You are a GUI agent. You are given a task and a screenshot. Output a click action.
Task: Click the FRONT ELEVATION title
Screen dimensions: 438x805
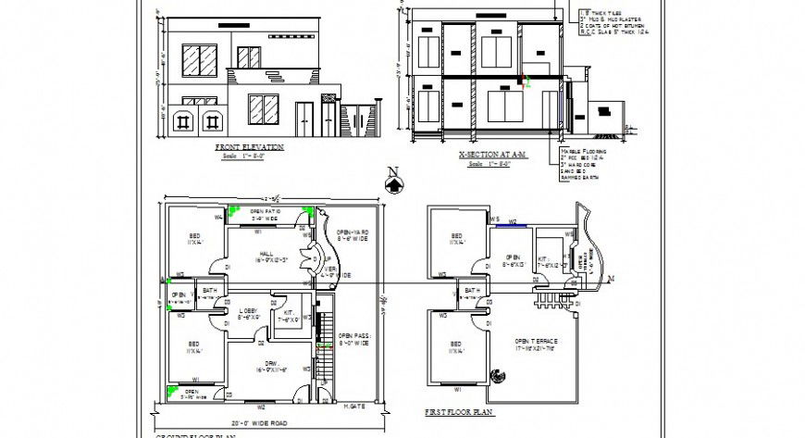click(x=249, y=147)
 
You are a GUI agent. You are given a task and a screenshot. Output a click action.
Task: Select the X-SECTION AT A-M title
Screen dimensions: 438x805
click(x=491, y=156)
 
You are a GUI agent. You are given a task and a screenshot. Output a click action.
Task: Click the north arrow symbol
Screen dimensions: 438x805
click(x=393, y=182)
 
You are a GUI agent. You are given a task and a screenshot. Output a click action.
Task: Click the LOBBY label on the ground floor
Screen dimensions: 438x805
click(x=248, y=310)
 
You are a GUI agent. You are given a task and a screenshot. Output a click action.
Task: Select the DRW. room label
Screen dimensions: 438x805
click(x=271, y=364)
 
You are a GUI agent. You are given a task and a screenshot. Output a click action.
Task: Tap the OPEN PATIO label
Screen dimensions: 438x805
click(x=266, y=212)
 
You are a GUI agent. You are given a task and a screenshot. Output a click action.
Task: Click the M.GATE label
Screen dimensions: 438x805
click(x=353, y=406)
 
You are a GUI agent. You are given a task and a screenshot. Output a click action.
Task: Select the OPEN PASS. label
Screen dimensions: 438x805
click(x=353, y=337)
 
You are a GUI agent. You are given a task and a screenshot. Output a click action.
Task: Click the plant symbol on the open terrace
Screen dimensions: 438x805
click(x=501, y=376)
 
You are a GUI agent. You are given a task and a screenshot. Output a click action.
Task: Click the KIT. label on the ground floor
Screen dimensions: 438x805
click(x=290, y=315)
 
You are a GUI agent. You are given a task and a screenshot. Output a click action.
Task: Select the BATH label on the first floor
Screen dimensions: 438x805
click(x=472, y=291)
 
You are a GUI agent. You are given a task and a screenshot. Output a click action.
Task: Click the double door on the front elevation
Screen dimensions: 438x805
click(x=303, y=116)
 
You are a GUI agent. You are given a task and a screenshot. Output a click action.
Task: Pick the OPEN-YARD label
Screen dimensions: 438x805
click(x=353, y=233)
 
